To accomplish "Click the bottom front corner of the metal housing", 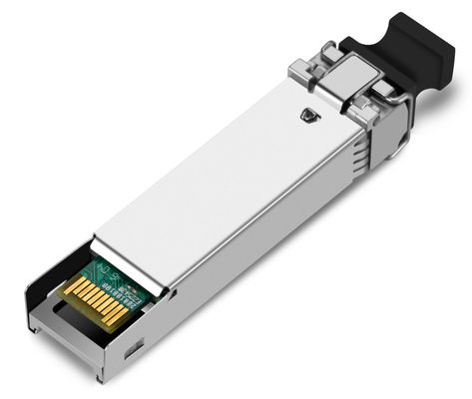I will coord(99,378).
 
